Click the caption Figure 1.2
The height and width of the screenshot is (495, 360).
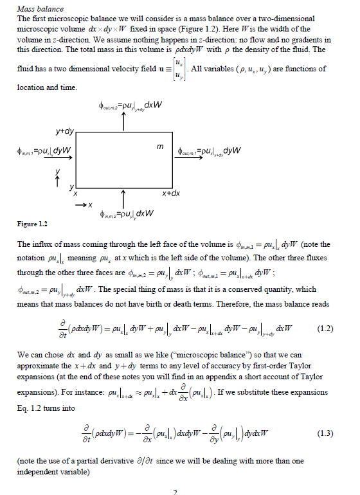point(33,224)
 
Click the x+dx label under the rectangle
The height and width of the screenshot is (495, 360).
point(170,193)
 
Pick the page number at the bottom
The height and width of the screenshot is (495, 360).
point(174,491)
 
